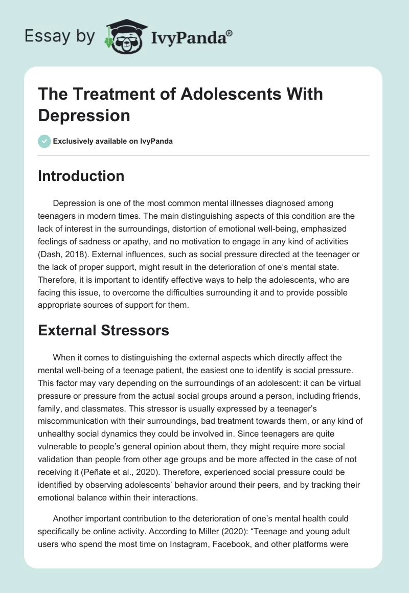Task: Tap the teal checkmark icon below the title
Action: point(44,141)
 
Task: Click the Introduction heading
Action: point(81,176)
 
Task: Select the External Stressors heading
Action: point(103,330)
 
